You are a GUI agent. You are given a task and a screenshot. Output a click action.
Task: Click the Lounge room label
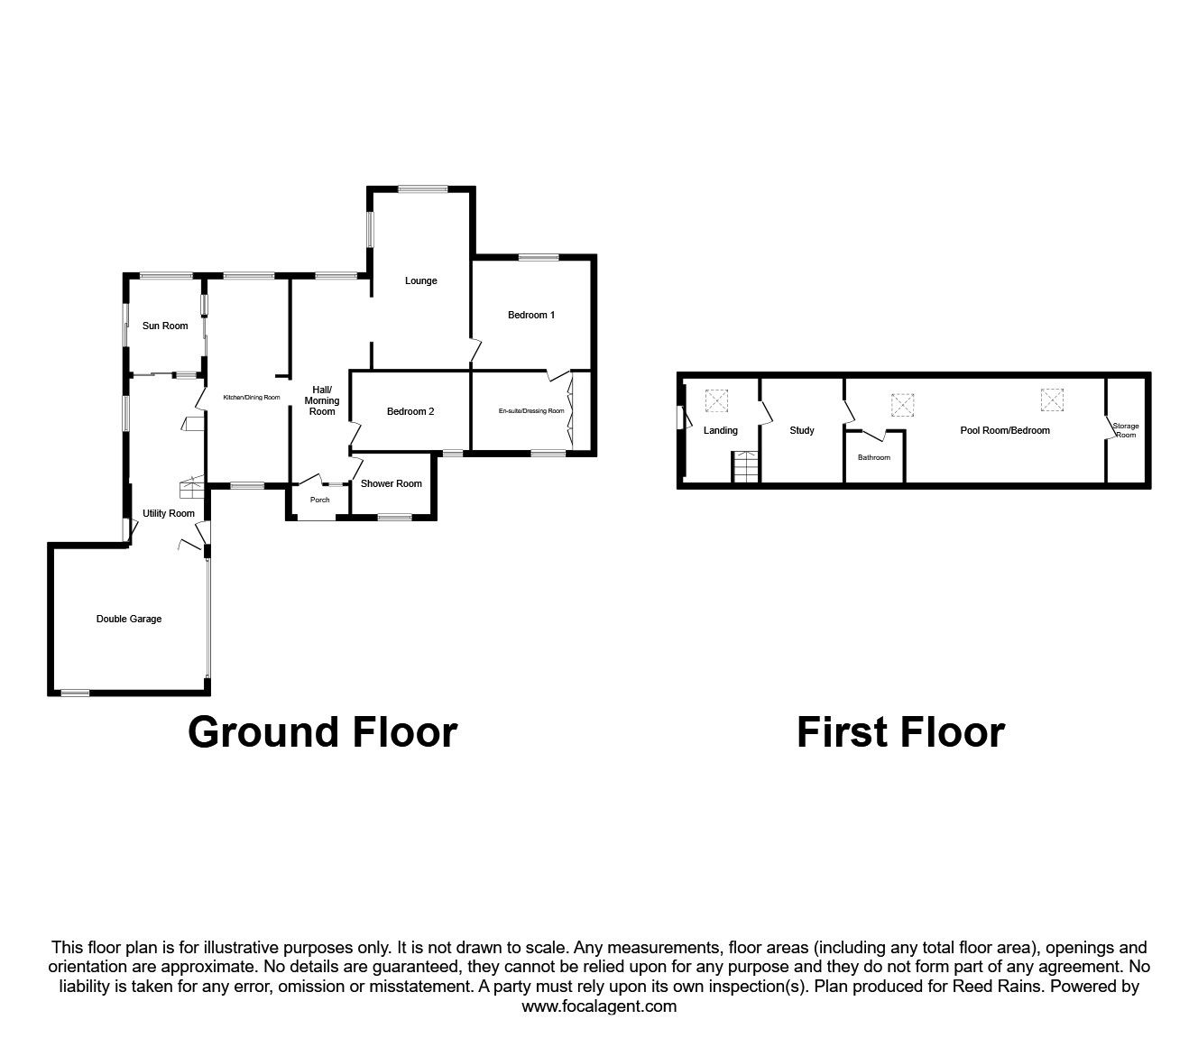pyautogui.click(x=420, y=281)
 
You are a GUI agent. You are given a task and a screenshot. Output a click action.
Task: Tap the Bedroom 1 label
pyautogui.click(x=531, y=316)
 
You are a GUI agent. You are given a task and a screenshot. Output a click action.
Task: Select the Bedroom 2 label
pyautogui.click(x=410, y=411)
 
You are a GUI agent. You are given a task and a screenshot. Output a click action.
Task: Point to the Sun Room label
pyautogui.click(x=165, y=326)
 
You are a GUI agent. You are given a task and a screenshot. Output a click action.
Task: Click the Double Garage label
pyautogui.click(x=129, y=619)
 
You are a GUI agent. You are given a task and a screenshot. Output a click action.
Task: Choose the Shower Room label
pyautogui.click(x=392, y=483)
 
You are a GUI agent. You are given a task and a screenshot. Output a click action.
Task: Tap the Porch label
pyautogui.click(x=320, y=500)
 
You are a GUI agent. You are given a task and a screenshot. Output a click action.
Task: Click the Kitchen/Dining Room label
pyautogui.click(x=252, y=398)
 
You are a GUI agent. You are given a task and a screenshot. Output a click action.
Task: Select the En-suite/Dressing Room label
pyautogui.click(x=531, y=411)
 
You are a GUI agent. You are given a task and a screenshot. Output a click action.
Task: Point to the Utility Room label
pyautogui.click(x=169, y=513)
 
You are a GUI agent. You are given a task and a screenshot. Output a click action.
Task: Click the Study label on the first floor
pyautogui.click(x=802, y=430)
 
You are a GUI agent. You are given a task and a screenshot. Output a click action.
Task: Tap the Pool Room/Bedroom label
pyautogui.click(x=1005, y=430)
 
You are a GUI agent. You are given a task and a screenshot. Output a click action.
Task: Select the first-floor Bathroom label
pyautogui.click(x=874, y=458)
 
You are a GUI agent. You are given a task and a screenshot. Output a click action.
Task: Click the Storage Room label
pyautogui.click(x=1126, y=430)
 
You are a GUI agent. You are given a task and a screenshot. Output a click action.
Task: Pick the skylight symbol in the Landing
pyautogui.click(x=716, y=401)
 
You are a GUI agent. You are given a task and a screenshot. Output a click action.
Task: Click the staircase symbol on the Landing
pyautogui.click(x=745, y=466)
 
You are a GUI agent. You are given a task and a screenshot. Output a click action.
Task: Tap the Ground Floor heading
pyautogui.click(x=323, y=732)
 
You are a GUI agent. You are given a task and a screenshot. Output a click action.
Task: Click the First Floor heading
pyautogui.click(x=900, y=732)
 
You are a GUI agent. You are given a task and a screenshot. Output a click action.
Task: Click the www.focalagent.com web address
pyautogui.click(x=599, y=1006)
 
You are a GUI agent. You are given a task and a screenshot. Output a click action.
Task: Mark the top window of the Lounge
pyautogui.click(x=423, y=188)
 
